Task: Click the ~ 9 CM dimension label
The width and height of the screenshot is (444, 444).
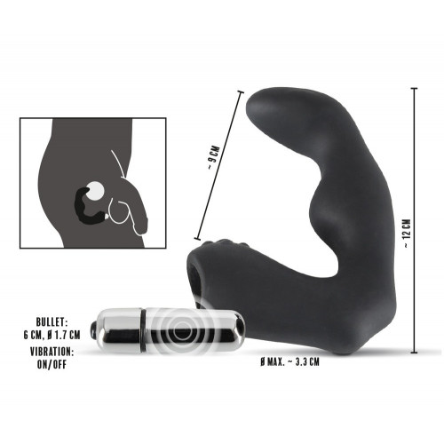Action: pyautogui.click(x=214, y=169)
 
